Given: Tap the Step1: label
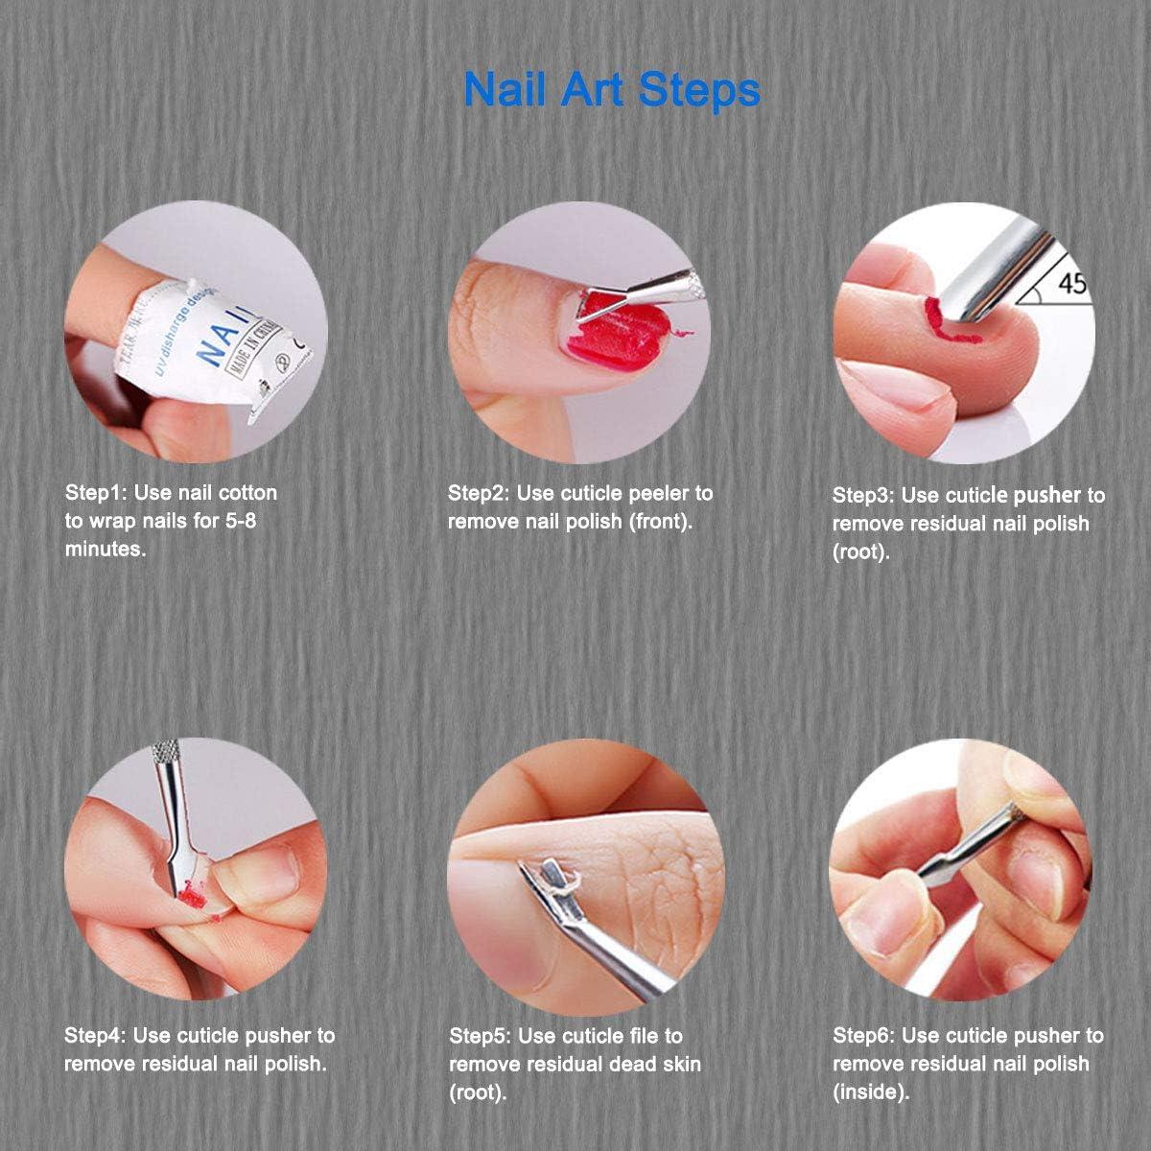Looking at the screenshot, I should tap(95, 493).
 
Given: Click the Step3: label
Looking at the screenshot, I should tap(863, 495).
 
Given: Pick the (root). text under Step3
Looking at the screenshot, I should tap(860, 552).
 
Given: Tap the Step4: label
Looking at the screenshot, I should tap(95, 1036).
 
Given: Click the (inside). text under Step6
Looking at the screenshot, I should tap(870, 1092).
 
